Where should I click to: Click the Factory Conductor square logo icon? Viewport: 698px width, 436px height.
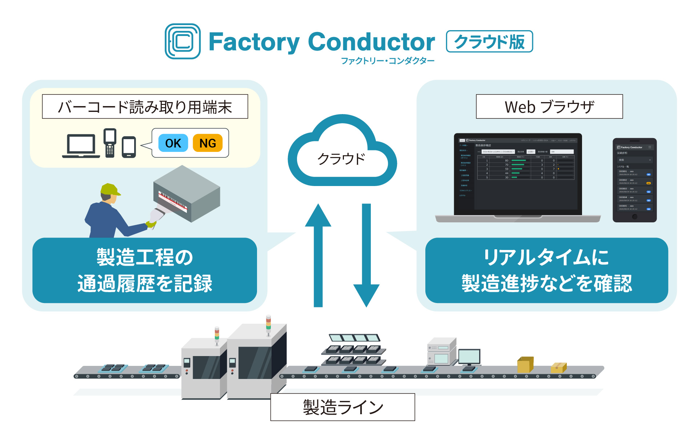point(182,41)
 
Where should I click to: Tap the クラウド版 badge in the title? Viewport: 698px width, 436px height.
point(489,41)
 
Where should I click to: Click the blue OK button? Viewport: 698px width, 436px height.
point(173,143)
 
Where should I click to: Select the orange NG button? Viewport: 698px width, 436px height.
point(207,143)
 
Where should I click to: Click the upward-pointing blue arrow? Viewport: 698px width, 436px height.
point(318,254)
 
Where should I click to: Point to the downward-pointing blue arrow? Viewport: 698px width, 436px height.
point(366,254)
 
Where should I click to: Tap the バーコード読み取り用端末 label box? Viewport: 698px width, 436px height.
point(145,107)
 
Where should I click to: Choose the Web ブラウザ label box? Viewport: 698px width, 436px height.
point(549,107)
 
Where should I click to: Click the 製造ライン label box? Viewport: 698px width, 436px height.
point(343,407)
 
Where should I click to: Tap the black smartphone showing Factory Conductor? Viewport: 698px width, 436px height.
point(634,180)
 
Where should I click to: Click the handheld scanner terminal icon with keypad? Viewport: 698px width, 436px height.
point(110,142)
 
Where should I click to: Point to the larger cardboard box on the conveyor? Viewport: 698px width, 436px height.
point(525,364)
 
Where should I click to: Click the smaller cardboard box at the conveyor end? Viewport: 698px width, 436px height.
point(558,368)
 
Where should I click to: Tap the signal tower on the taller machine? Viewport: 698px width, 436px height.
point(268,324)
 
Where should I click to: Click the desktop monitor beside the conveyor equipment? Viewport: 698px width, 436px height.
point(469,357)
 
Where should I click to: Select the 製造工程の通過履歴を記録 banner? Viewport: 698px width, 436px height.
point(145,270)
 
